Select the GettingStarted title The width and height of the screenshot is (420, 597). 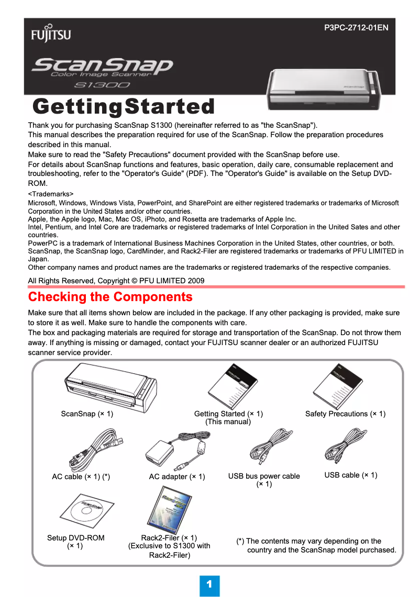[124, 106]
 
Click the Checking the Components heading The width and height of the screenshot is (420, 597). [110, 297]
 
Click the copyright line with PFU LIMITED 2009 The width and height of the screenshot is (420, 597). [116, 281]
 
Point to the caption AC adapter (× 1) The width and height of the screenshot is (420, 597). [177, 477]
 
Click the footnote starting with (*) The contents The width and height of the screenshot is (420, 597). [316, 545]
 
